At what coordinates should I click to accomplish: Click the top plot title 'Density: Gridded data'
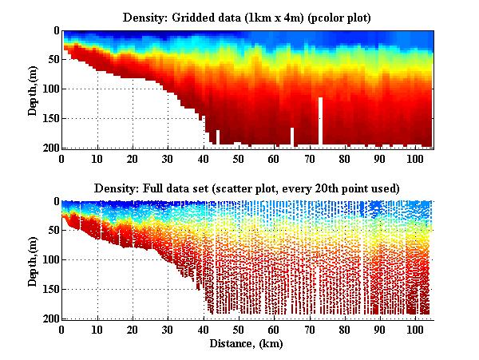point(246,17)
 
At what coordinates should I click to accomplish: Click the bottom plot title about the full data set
point(246,188)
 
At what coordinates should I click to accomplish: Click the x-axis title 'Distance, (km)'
point(247,343)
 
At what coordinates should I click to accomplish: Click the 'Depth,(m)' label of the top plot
point(34,89)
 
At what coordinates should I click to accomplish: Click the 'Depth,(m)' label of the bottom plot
point(34,259)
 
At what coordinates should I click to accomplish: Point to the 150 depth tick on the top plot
point(49,119)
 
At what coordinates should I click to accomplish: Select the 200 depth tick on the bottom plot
point(49,318)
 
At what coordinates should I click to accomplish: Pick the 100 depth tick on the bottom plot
point(49,260)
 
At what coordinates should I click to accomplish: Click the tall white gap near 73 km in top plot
point(320,120)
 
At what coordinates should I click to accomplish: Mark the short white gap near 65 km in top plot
point(292,136)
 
